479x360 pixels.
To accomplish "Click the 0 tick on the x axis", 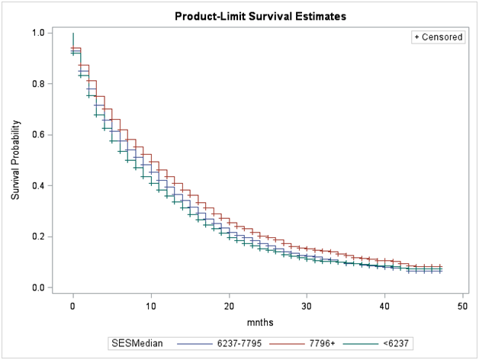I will pyautogui.click(x=73, y=305).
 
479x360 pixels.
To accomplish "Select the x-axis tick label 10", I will pyautogui.click(x=151, y=305).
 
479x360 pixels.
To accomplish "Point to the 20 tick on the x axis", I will pyautogui.click(x=229, y=305).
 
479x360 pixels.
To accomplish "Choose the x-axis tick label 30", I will pyautogui.click(x=307, y=305).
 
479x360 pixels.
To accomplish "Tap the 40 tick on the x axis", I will pyautogui.click(x=384, y=305).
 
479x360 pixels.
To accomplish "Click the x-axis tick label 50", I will pyautogui.click(x=462, y=305).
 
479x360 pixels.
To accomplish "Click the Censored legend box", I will pyautogui.click(x=438, y=37).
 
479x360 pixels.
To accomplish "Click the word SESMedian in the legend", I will pyautogui.click(x=137, y=345).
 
